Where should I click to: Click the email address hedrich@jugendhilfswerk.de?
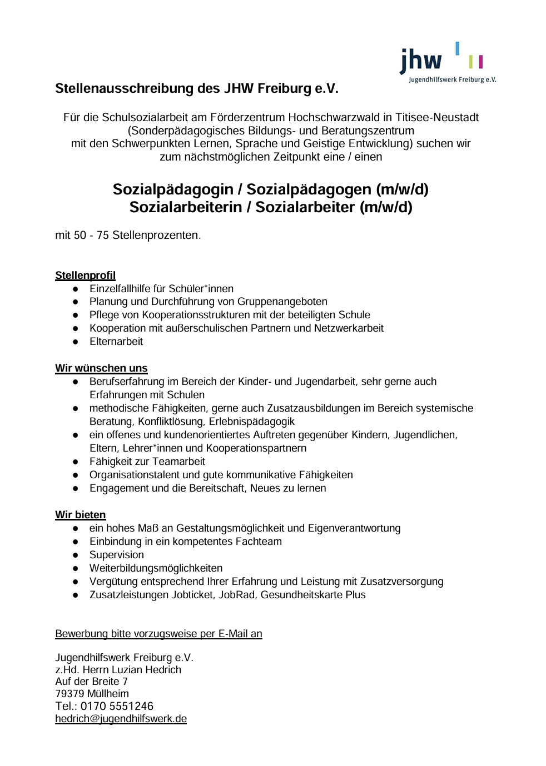(x=121, y=719)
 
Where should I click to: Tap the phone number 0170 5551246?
(x=117, y=706)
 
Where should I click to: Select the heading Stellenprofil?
(x=85, y=276)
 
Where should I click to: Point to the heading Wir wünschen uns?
(x=101, y=368)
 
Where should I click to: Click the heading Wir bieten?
(x=80, y=515)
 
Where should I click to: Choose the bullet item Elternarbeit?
(x=116, y=342)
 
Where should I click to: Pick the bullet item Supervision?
(x=116, y=555)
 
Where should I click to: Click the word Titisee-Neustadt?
(x=437, y=117)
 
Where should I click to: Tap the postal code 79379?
(x=70, y=694)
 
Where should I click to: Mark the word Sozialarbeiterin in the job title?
(x=182, y=207)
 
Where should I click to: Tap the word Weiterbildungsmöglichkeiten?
(x=156, y=568)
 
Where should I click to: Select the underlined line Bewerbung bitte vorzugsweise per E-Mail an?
(x=158, y=634)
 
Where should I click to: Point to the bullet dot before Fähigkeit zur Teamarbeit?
(x=75, y=462)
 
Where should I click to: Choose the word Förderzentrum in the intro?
(x=247, y=117)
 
